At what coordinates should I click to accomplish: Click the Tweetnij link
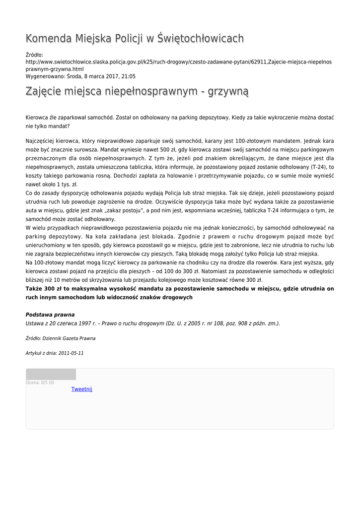click(x=82, y=389)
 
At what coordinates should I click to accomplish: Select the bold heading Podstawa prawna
click(x=50, y=315)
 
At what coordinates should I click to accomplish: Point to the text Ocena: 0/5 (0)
click(x=40, y=382)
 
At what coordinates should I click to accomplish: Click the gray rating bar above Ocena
click(x=51, y=375)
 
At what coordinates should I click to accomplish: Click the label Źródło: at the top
click(x=34, y=55)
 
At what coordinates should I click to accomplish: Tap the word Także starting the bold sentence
click(x=33, y=289)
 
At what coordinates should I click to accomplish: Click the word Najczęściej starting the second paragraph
click(x=41, y=140)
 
